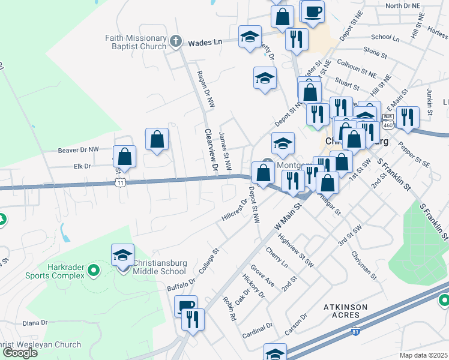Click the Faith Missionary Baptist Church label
tap(135, 41)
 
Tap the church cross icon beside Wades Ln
tap(175, 41)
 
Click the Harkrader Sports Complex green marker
tap(92, 271)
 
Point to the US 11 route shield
tap(121, 184)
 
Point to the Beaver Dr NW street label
tap(78, 149)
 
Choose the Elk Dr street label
tap(82, 166)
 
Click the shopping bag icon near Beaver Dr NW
tap(157, 140)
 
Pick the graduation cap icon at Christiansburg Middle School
tap(123, 254)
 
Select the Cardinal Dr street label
tap(258, 330)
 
